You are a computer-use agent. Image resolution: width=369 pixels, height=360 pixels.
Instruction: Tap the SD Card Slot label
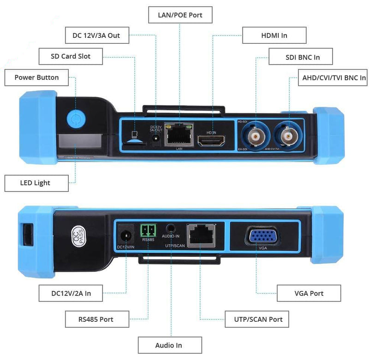coord(71,56)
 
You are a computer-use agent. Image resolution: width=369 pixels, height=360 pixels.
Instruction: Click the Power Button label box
coord(36,77)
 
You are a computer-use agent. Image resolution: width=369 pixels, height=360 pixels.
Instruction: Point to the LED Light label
coord(36,183)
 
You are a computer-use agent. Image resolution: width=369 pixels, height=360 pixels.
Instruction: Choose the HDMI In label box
coord(274,35)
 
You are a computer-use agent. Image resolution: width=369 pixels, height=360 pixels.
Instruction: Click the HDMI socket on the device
coord(212,141)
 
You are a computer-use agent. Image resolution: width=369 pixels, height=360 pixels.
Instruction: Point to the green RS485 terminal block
coord(148,230)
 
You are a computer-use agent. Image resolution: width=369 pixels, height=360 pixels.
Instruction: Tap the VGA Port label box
coord(308,293)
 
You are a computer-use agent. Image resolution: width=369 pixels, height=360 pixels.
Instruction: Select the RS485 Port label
coord(95,319)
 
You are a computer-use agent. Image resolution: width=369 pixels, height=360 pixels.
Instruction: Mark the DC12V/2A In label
coord(71,293)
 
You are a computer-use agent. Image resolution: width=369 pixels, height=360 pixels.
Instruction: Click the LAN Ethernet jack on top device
coord(178,135)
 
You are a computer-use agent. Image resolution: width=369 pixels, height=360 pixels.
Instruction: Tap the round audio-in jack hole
coord(172,228)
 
